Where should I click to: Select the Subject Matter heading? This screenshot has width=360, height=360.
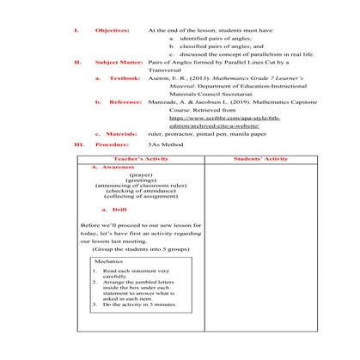(118, 63)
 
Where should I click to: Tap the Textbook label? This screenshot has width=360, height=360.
(125, 78)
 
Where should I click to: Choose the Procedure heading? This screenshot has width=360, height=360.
(113, 145)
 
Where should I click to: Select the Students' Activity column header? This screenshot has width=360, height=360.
(259, 159)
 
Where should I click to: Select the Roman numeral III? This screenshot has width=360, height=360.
(78, 145)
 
